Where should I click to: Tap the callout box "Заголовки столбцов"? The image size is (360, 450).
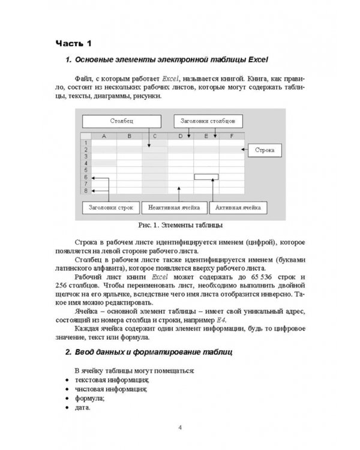tap(208, 121)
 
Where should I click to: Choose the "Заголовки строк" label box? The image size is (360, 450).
tap(110, 208)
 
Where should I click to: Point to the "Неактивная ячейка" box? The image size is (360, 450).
tap(174, 208)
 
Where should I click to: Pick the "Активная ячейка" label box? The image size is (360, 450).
tap(238, 208)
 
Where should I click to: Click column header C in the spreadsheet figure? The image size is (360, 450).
tap(155, 136)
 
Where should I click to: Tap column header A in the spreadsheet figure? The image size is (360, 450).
tap(103, 136)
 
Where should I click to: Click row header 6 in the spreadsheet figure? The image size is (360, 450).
tap(86, 178)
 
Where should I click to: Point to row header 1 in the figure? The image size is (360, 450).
tap(86, 143)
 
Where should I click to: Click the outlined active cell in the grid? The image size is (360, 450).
tap(206, 177)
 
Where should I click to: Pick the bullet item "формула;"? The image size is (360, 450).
tap(89, 398)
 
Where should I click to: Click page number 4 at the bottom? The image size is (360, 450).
tap(180, 428)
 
